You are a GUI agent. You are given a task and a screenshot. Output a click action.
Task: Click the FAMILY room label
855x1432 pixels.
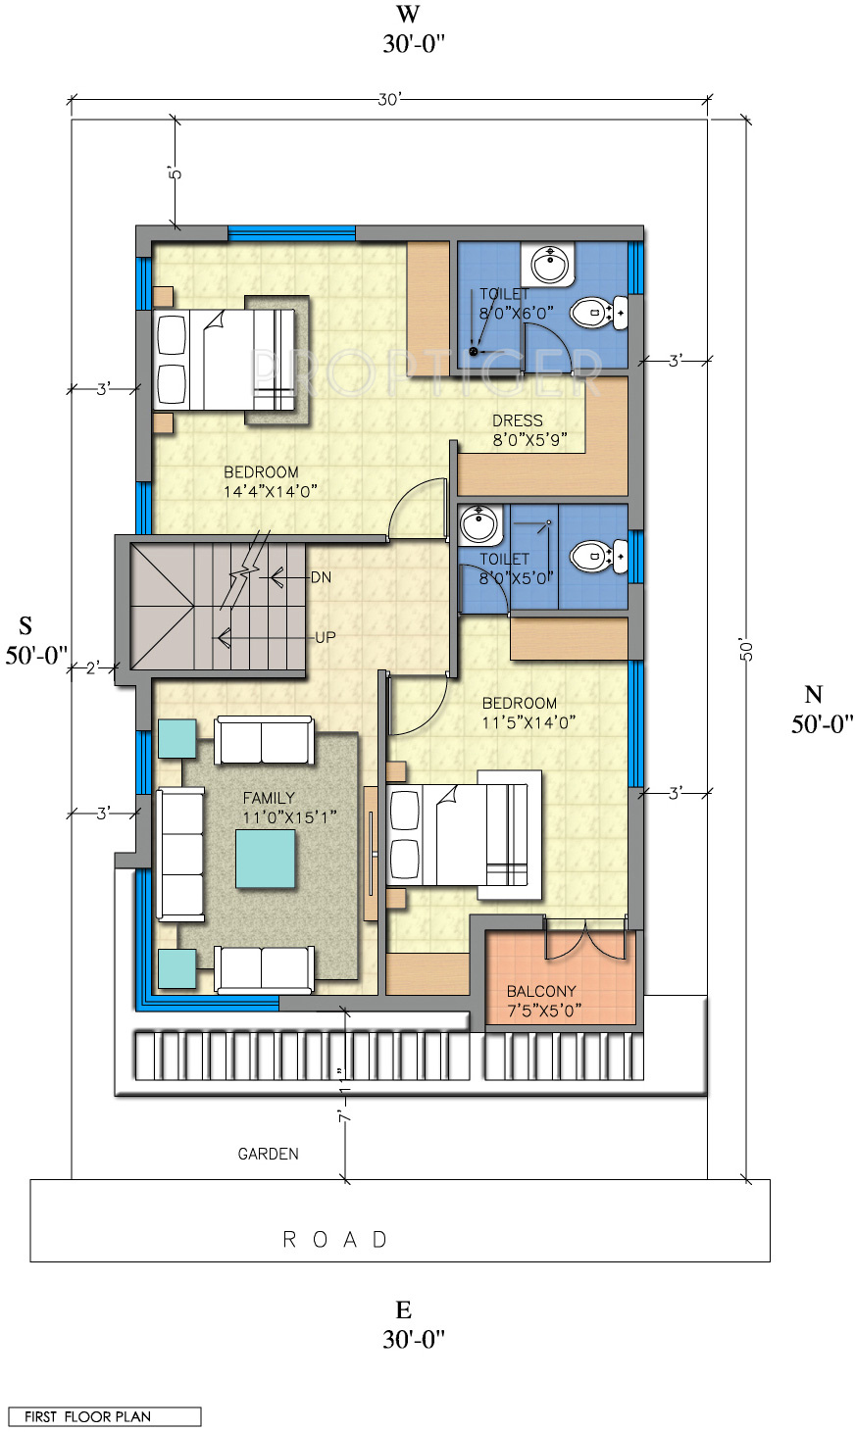point(269,798)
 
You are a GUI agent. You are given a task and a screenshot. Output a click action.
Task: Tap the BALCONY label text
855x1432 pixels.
point(541,991)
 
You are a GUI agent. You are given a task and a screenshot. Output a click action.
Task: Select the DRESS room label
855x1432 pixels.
point(518,420)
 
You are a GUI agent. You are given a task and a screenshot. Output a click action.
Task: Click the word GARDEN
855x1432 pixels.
point(268,1154)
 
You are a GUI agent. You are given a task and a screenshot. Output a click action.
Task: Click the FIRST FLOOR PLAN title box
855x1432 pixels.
point(104,1416)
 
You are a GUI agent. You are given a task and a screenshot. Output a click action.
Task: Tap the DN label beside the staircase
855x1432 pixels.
point(321,577)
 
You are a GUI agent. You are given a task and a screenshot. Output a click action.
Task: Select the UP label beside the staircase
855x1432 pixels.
point(325,637)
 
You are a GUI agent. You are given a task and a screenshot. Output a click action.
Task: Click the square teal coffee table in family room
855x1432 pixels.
point(266,859)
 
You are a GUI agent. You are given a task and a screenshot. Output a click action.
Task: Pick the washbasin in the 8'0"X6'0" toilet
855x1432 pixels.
point(549,265)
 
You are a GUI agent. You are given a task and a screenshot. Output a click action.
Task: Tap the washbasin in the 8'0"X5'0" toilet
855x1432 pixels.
point(478,523)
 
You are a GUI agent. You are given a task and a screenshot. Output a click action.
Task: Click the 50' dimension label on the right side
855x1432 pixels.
point(745,650)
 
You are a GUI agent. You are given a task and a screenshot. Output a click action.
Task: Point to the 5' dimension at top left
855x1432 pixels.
point(176,173)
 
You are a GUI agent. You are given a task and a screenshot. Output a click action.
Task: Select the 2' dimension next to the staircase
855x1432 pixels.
point(93,668)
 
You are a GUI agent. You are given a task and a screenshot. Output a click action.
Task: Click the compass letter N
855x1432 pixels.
point(814,694)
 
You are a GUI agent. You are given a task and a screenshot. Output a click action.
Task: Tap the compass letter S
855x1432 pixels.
point(25,625)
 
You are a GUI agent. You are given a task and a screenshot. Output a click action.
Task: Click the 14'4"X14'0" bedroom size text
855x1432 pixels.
point(271,492)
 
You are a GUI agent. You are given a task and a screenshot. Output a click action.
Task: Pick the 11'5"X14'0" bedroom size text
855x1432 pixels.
point(528,722)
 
